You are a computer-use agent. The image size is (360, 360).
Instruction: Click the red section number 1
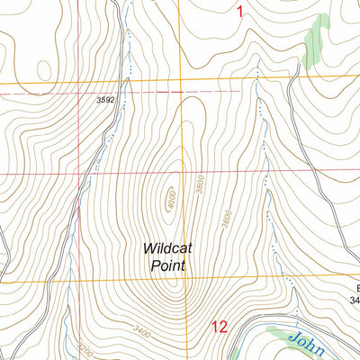tap(240, 11)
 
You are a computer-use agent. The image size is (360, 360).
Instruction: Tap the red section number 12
tap(220, 327)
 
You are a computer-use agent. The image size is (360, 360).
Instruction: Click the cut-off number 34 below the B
tap(355, 301)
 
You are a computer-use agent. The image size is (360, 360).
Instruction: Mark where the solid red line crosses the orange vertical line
tap(187, 171)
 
